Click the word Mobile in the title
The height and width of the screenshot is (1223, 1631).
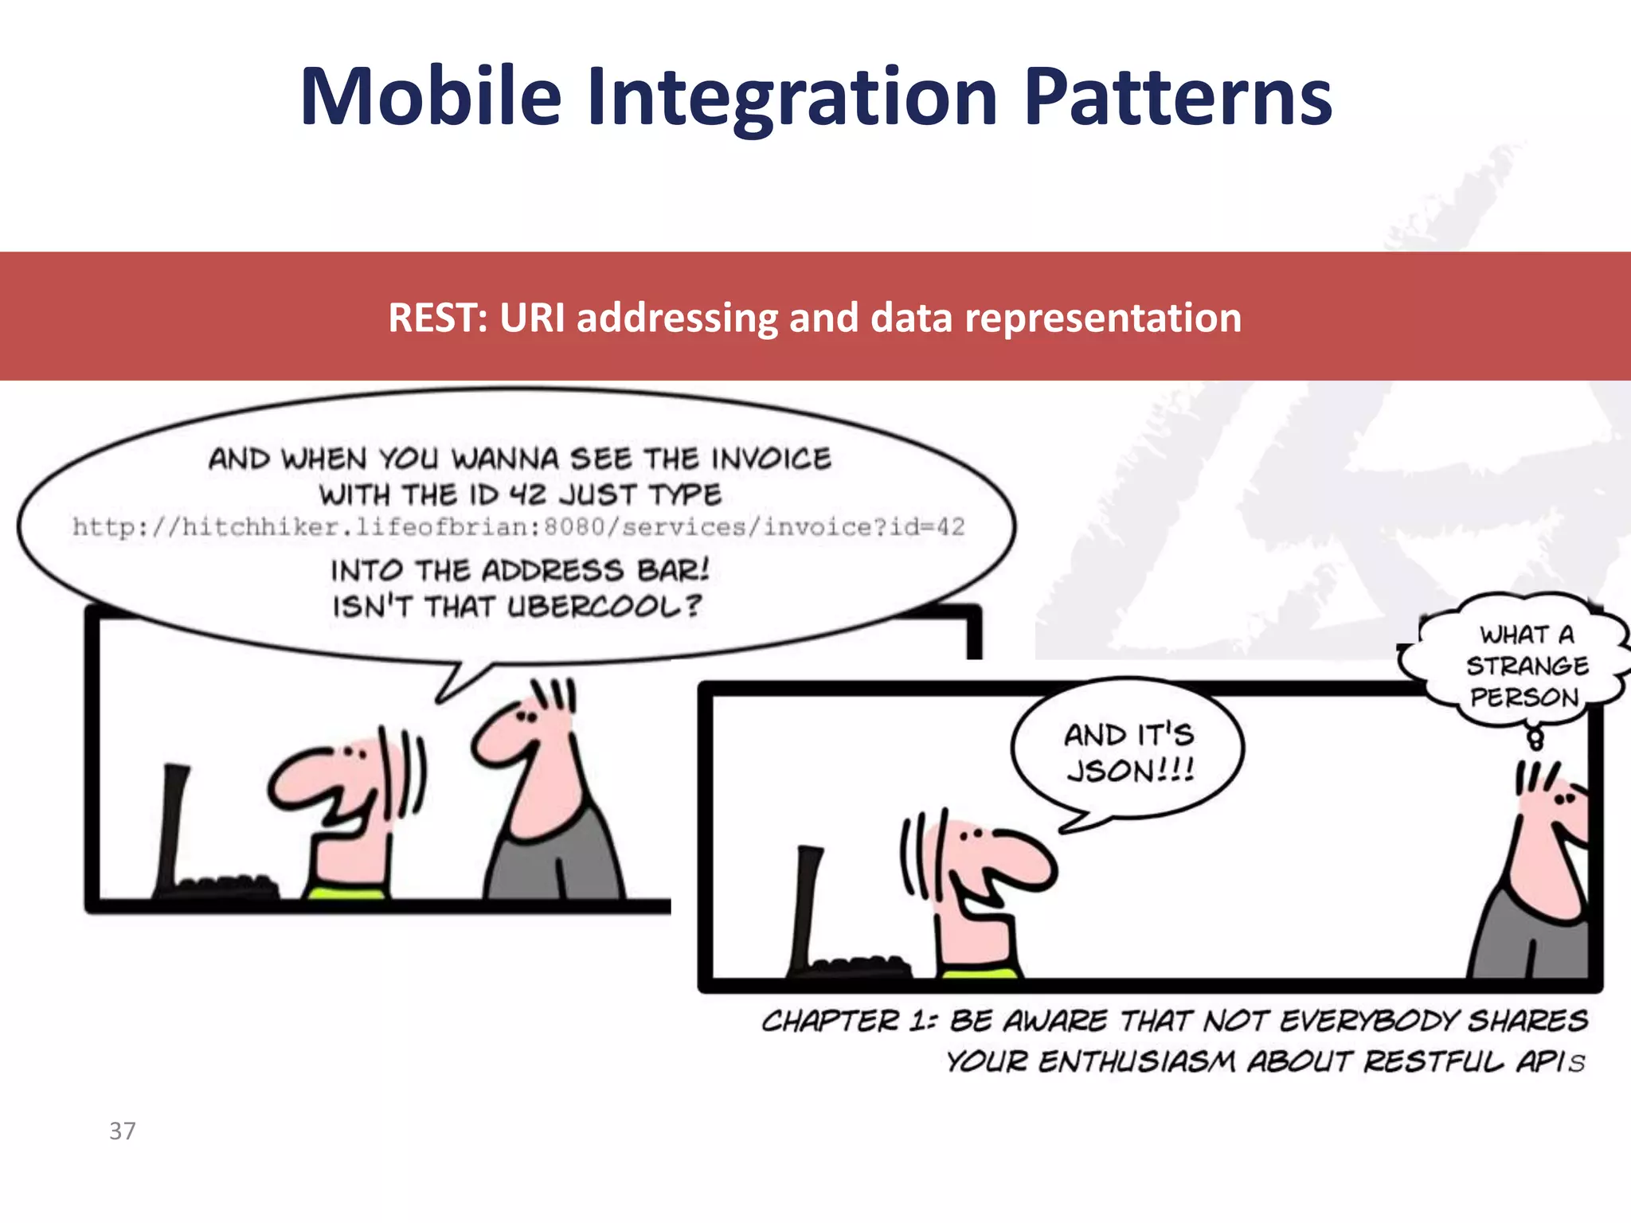click(431, 97)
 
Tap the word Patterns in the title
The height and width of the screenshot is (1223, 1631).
click(1177, 97)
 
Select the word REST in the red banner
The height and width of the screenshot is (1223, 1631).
click(435, 318)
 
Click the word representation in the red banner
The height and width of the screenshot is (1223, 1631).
click(1103, 318)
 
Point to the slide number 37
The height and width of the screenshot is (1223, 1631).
click(123, 1131)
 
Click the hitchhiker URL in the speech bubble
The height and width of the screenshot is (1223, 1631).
click(518, 527)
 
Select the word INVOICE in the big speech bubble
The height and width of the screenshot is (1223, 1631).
click(771, 459)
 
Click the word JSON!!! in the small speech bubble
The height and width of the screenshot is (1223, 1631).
click(1130, 771)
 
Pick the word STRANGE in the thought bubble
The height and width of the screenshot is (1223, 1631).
click(1527, 666)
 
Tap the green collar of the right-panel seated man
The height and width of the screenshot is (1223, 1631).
click(979, 973)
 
